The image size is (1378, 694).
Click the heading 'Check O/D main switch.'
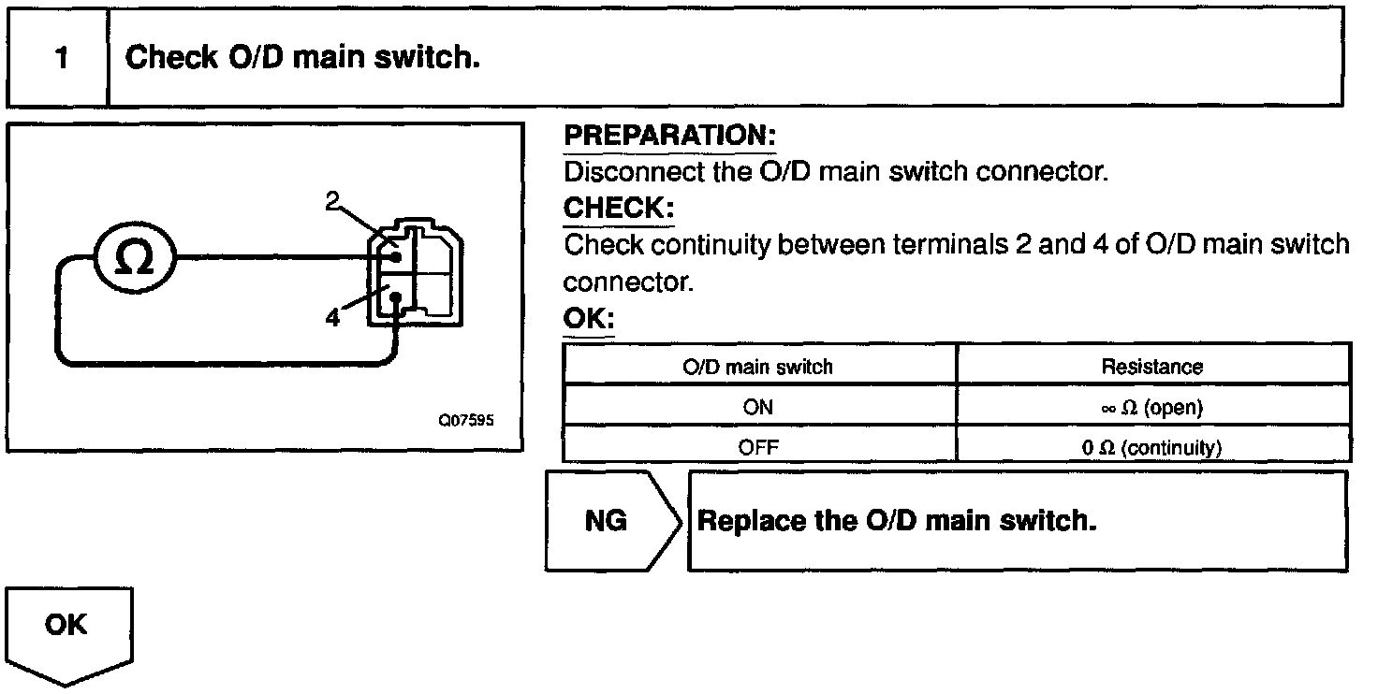pos(302,58)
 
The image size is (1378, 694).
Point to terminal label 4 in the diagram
pos(332,317)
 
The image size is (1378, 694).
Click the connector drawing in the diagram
pos(417,274)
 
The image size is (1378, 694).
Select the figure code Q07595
pos(465,420)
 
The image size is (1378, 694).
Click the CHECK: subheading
pos(618,207)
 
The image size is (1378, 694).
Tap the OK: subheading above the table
pos(587,320)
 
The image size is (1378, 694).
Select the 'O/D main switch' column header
pos(758,367)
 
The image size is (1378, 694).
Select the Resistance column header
pos(1151,367)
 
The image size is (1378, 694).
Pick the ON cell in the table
pos(758,407)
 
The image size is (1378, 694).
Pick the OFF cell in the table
pos(758,446)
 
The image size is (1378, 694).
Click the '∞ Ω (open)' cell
pos(1151,407)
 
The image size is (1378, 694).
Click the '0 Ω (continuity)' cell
pos(1151,447)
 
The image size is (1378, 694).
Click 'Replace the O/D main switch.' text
pos(897,521)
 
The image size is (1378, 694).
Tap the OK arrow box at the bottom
pos(68,628)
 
